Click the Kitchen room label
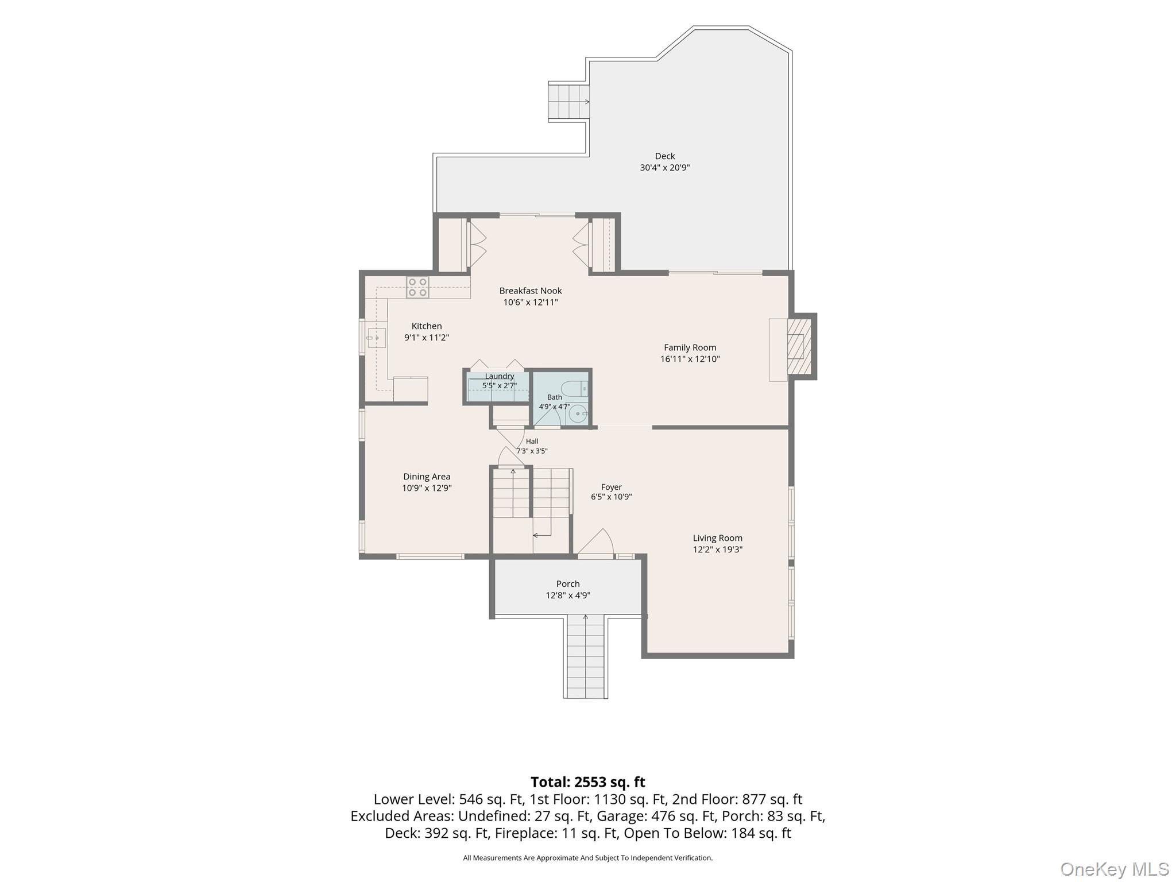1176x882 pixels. pyautogui.click(x=427, y=326)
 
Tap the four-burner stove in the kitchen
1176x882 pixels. pyautogui.click(x=417, y=287)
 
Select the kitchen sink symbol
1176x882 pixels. pyautogui.click(x=376, y=338)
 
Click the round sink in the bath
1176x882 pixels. pyautogui.click(x=578, y=413)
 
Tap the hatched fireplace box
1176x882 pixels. pyautogui.click(x=799, y=346)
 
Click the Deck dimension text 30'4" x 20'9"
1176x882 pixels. pyautogui.click(x=665, y=168)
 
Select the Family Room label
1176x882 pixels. pyautogui.click(x=690, y=347)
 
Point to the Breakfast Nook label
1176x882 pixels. pyautogui.click(x=531, y=291)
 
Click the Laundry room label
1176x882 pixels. pyautogui.click(x=500, y=376)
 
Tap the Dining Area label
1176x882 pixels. pyautogui.click(x=427, y=477)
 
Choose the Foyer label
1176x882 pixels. pyautogui.click(x=612, y=487)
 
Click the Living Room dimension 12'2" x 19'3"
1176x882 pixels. pyautogui.click(x=718, y=550)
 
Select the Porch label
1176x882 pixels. pyautogui.click(x=568, y=584)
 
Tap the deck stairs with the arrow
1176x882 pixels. pyautogui.click(x=569, y=102)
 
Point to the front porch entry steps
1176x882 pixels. pyautogui.click(x=586, y=656)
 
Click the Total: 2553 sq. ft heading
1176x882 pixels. pyautogui.click(x=587, y=782)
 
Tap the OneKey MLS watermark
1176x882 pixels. pyautogui.click(x=1115, y=869)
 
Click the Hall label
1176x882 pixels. pyautogui.click(x=532, y=442)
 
